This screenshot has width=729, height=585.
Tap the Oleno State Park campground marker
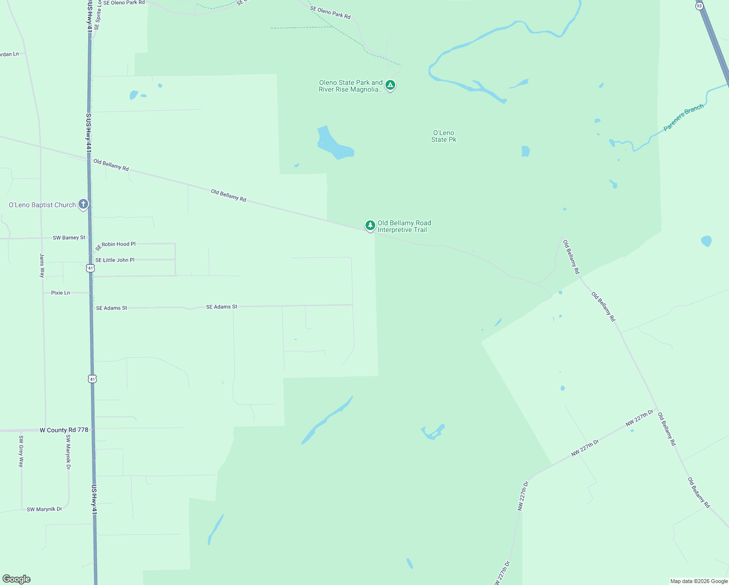coord(390,85)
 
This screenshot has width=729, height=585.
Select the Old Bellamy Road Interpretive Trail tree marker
coord(370,225)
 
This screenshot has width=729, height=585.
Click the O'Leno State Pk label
coord(443,136)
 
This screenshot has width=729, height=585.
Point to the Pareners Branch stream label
coord(683,117)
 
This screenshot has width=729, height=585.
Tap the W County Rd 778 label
coord(64,430)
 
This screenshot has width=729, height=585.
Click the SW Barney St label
coord(69,238)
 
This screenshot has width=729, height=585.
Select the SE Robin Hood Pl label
coord(115,245)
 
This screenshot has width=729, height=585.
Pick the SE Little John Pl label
coord(115,260)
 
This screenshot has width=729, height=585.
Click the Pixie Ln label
coord(60,293)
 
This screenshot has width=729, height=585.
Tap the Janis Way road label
coord(42,266)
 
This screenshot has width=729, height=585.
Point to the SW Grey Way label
coord(21,451)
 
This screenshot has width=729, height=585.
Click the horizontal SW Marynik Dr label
coord(44,509)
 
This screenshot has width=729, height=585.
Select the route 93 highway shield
coord(699,6)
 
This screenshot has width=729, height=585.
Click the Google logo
coord(17,579)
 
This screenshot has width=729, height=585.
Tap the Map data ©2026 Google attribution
coord(699,581)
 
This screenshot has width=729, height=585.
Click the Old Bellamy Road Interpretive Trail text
coord(404,226)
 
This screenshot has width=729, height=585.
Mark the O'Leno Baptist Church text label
coord(42,205)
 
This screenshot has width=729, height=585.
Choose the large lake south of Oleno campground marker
coord(334,144)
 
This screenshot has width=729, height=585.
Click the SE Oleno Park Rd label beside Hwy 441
coord(124,3)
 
